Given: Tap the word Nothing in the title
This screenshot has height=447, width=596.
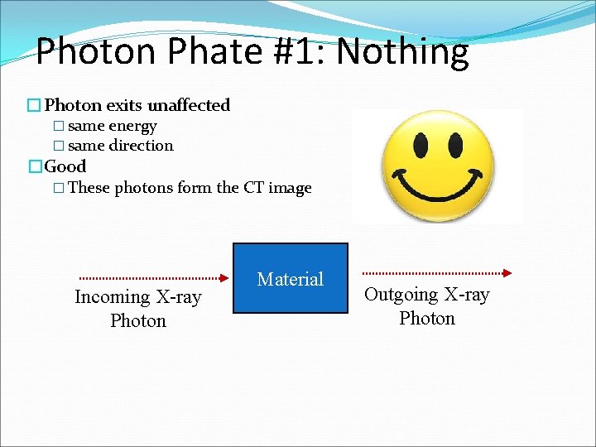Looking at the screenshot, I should tap(402, 52).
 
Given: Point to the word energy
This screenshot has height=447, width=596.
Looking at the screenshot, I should tap(132, 126).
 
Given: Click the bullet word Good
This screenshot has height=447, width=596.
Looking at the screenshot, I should tap(65, 166).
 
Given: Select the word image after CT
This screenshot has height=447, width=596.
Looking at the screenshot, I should tap(290, 188).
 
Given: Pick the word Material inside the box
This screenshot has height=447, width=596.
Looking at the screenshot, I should tap(290, 279).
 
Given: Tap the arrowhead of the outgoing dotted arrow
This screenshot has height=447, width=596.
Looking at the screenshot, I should tap(507, 272).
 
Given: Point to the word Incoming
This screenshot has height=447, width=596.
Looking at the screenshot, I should tap(109, 297).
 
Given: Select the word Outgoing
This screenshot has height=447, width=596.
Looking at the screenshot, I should tap(401, 295).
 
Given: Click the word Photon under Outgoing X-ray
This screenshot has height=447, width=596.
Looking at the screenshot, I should tap(427, 319).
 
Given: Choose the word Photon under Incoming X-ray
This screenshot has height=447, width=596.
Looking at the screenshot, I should tap(138, 320).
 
